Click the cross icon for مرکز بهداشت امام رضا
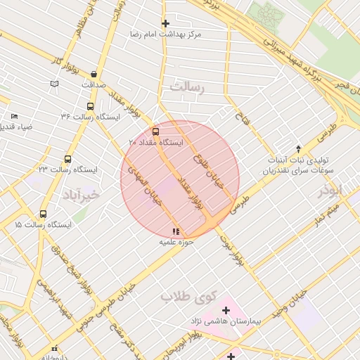[x=165, y=23]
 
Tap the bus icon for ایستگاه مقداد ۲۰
[x=155, y=131]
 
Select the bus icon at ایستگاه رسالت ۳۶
[x=89, y=106]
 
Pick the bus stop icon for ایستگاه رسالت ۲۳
[x=68, y=159]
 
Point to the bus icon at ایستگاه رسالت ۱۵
[x=44, y=214]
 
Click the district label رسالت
[x=186, y=87]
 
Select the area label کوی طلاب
[x=186, y=296]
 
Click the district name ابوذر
[x=328, y=191]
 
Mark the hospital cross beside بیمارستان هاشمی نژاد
[x=226, y=310]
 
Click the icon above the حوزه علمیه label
[x=175, y=231]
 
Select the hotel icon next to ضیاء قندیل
[x=15, y=117]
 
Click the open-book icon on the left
[x=54, y=84]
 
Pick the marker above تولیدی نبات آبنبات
[x=298, y=148]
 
